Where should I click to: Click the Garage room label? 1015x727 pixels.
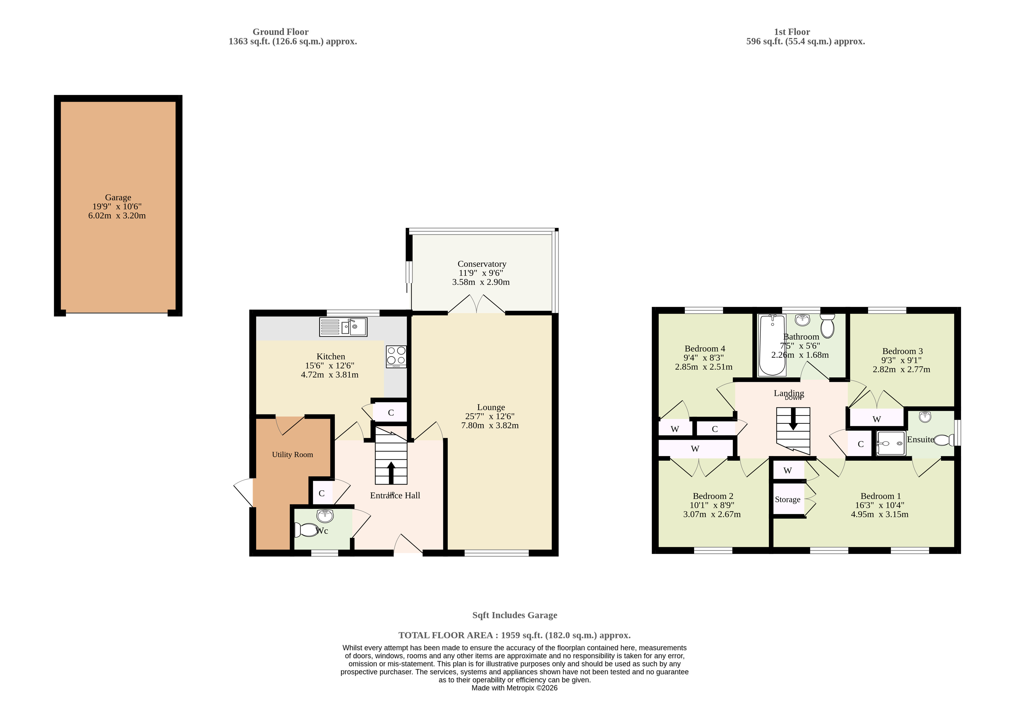click(x=118, y=197)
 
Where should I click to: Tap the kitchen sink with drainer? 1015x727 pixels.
click(x=343, y=327)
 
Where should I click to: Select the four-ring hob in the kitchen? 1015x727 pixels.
click(x=396, y=357)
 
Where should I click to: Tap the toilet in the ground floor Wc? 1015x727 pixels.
click(x=306, y=530)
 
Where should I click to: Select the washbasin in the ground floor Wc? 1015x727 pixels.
click(x=325, y=516)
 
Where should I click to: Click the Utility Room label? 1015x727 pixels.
click(x=292, y=454)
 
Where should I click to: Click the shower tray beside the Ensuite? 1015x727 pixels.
click(x=891, y=443)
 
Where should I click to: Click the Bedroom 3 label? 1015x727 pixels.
click(x=902, y=351)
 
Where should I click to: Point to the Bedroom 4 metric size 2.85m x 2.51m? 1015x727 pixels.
click(x=704, y=366)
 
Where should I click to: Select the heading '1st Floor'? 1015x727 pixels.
click(x=792, y=32)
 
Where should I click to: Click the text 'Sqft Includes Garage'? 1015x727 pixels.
click(x=515, y=615)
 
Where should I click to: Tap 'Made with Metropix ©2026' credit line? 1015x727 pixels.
click(x=514, y=688)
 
